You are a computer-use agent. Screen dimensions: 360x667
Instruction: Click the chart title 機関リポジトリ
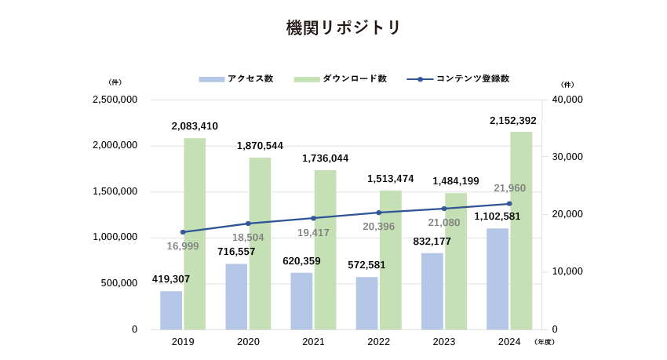tap(344, 28)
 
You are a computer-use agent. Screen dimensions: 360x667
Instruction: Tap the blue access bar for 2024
tap(498, 278)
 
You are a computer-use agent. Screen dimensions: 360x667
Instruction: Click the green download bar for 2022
tap(391, 260)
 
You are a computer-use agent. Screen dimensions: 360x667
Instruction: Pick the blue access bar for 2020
tap(236, 296)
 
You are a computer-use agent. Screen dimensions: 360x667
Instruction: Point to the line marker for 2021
tap(313, 218)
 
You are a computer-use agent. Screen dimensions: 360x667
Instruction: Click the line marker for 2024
tap(509, 204)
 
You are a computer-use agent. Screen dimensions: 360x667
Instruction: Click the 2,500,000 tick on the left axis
tap(115, 100)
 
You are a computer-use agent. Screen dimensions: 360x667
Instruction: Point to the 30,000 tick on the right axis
tap(567, 157)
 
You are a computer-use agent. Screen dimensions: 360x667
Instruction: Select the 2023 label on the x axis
tap(444, 342)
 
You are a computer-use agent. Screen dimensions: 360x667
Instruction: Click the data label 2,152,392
tap(513, 121)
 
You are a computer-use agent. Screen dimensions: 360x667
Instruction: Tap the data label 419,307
tap(171, 279)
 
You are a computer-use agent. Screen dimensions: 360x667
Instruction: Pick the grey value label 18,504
tap(248, 238)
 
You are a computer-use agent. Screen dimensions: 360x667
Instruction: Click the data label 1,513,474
tap(391, 179)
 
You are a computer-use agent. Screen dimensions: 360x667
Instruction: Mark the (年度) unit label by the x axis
tap(544, 342)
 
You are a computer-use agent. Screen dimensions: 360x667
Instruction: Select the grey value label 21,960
tap(510, 188)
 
